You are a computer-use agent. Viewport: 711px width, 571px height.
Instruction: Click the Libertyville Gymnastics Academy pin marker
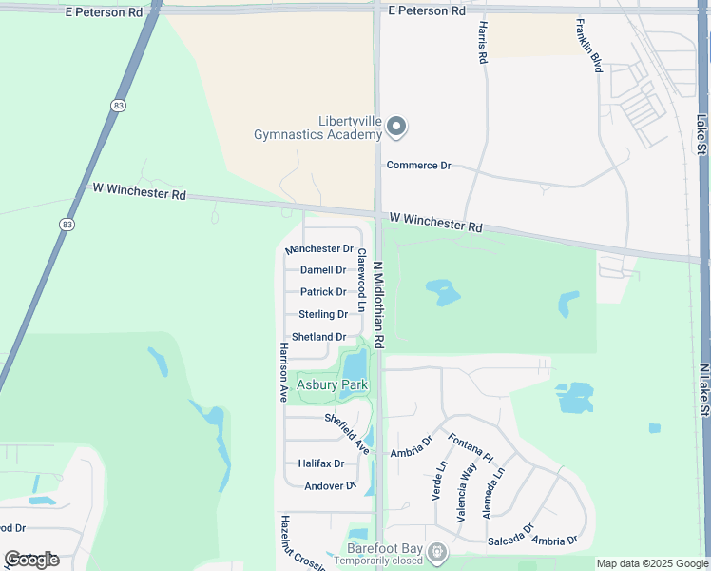(x=397, y=127)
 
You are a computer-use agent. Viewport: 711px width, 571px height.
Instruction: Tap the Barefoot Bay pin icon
(x=436, y=552)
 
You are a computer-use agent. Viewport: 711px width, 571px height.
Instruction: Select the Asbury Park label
(x=332, y=385)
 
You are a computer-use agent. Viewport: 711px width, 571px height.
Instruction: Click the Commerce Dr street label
(x=418, y=165)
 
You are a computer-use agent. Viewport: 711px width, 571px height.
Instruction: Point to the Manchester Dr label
(x=319, y=248)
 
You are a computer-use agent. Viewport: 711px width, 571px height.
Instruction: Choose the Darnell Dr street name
(x=323, y=270)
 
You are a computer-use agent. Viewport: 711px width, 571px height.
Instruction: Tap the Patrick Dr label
(x=323, y=292)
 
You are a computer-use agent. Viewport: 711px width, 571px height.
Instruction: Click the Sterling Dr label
(x=323, y=314)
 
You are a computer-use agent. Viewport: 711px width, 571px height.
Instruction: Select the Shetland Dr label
(x=318, y=337)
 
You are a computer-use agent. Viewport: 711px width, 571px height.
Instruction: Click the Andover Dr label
(x=329, y=486)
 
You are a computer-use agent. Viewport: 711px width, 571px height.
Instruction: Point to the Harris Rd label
(x=483, y=42)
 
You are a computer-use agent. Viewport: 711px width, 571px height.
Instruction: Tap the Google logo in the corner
(x=31, y=559)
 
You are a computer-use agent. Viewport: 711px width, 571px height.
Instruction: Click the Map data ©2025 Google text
(x=653, y=563)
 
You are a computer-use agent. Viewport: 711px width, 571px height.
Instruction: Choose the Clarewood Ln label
(x=361, y=281)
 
